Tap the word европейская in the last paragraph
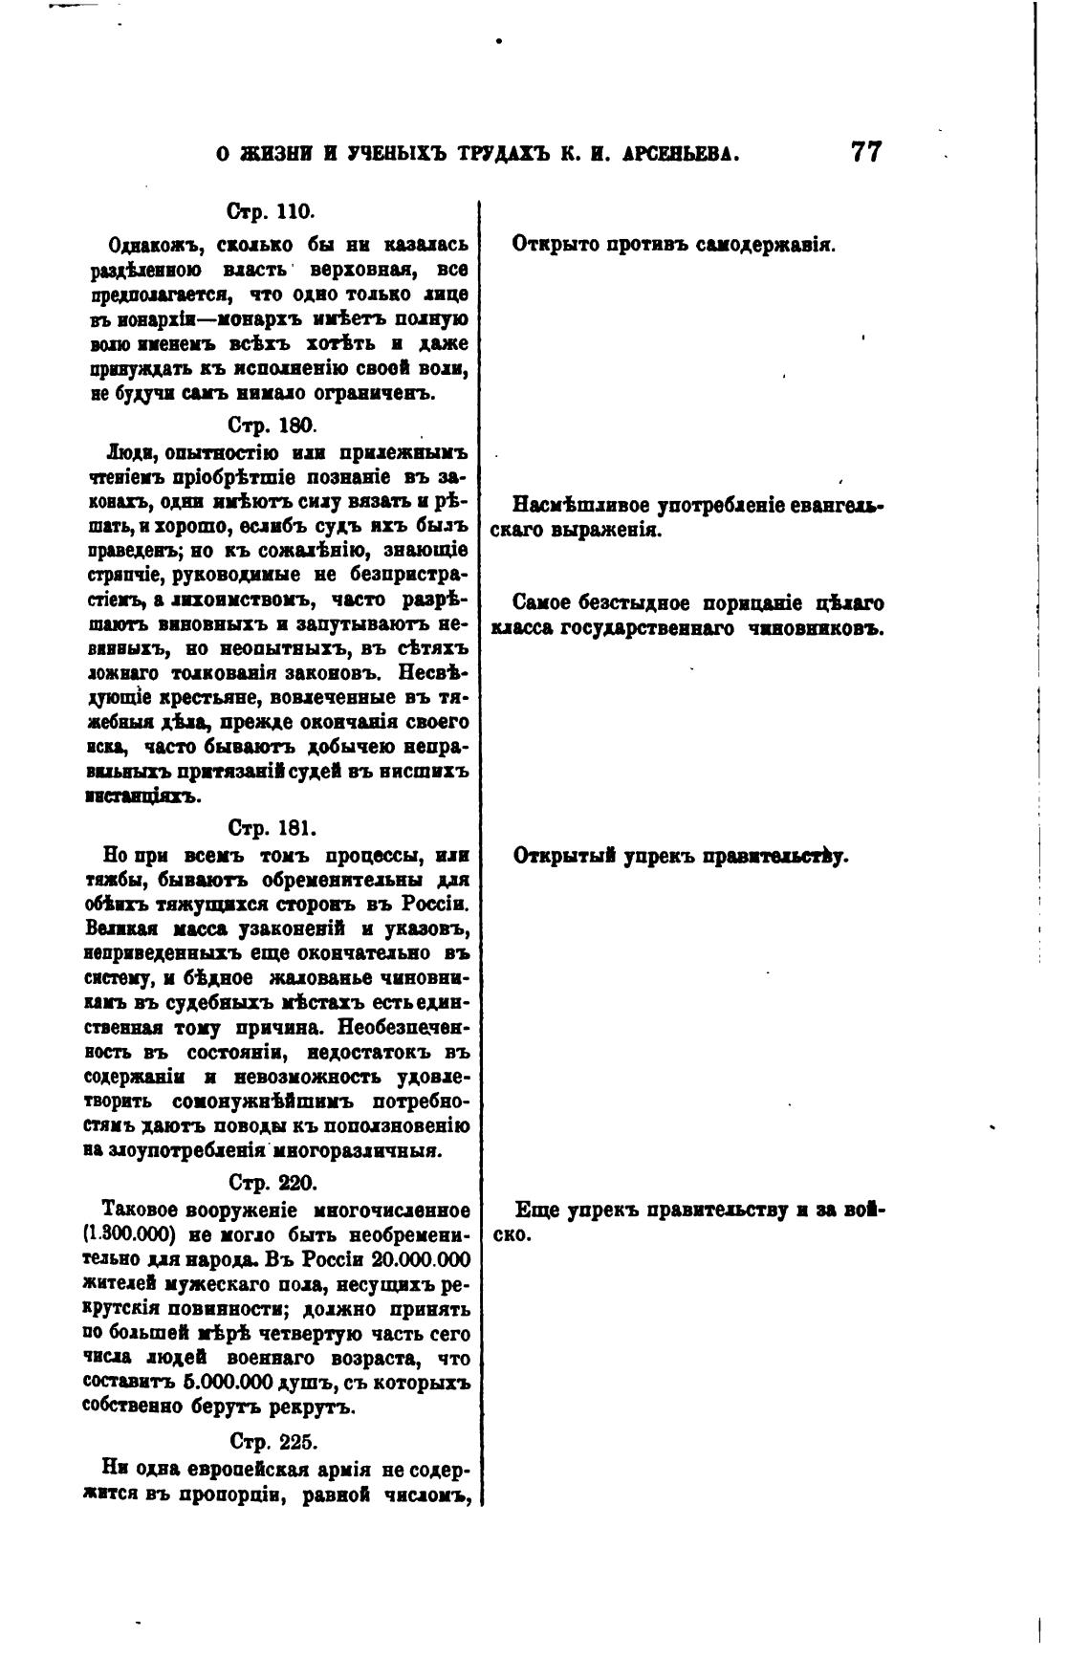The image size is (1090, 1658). (234, 1468)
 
